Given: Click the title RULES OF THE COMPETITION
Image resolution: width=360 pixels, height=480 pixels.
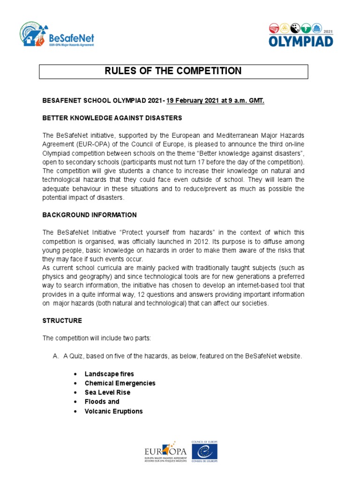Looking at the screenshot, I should pos(173,71).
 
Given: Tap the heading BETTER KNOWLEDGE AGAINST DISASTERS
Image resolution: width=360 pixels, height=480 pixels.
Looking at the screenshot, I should pos(112,118).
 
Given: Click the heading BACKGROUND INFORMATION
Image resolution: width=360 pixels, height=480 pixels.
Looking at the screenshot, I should pos(90,215).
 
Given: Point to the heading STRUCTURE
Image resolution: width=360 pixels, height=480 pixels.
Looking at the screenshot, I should pos(62,321).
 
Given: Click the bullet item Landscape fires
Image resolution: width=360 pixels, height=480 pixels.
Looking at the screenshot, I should pos(109,374).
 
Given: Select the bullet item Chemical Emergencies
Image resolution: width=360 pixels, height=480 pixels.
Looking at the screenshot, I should pos(120,383).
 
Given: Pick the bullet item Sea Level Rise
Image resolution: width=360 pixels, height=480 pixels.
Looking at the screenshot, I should pos(107,392).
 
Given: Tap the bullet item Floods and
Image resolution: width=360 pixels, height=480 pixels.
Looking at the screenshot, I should pos(102,402).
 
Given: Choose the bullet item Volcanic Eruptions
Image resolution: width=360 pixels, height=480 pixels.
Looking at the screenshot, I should pos(113,412).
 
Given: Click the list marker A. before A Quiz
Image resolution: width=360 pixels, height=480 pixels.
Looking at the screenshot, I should pos(55,356).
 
